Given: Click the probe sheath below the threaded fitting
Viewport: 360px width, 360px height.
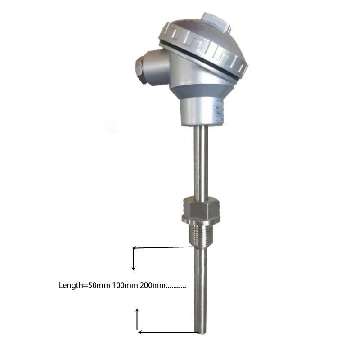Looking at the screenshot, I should [x=200, y=288].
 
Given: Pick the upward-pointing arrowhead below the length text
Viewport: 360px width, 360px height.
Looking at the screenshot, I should [x=138, y=310].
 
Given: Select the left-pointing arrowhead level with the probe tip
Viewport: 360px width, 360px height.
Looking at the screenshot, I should [x=140, y=332].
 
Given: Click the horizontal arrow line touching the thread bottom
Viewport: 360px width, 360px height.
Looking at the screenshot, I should [x=162, y=247].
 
